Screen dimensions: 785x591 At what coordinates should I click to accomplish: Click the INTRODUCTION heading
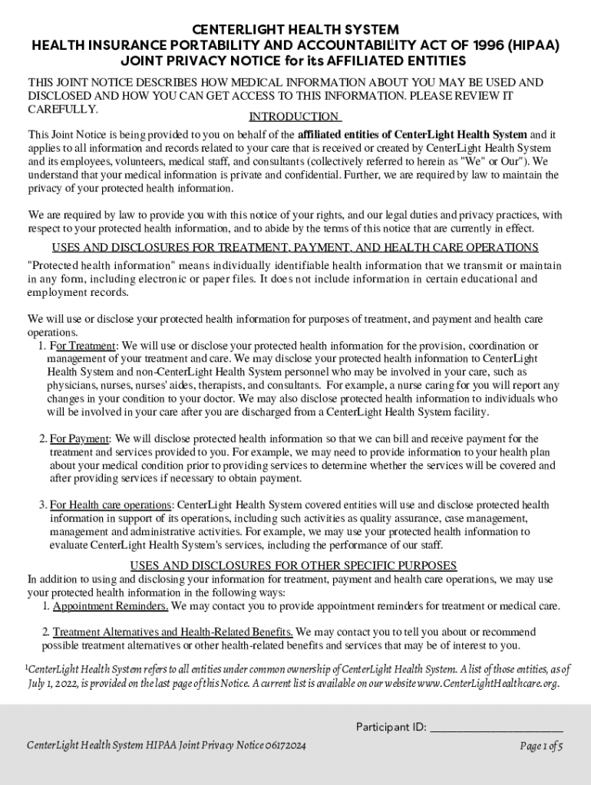pos(295,117)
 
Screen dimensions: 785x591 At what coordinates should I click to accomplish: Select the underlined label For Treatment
pos(82,346)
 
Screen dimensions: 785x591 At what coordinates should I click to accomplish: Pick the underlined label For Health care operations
pos(111,504)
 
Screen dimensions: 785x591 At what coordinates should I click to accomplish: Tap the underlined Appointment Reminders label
pos(111,606)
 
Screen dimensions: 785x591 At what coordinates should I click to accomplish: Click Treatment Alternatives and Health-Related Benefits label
pos(173,632)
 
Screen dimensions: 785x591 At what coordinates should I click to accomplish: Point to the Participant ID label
pos(391,727)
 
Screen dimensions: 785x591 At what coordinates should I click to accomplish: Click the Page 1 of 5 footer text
pos(542,746)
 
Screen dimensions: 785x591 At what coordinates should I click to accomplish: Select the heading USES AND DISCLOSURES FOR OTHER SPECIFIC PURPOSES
pos(293,566)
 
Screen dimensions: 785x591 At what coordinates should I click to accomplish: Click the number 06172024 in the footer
pos(284,746)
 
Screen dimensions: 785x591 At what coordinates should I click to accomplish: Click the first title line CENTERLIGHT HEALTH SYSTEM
pos(295,30)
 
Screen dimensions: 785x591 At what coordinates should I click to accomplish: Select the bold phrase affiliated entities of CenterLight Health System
pos(412,135)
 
